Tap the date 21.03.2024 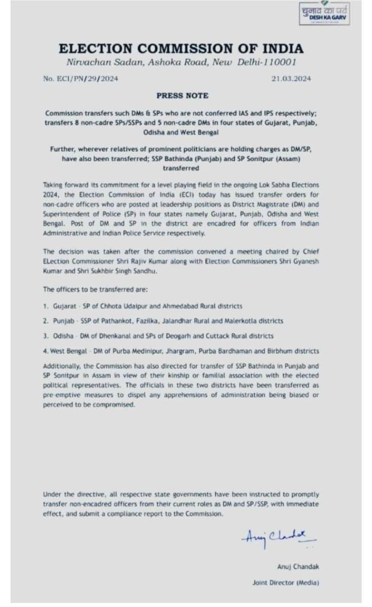click(x=291, y=78)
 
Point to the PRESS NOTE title click(x=182, y=95)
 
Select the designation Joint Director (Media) click(x=285, y=583)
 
